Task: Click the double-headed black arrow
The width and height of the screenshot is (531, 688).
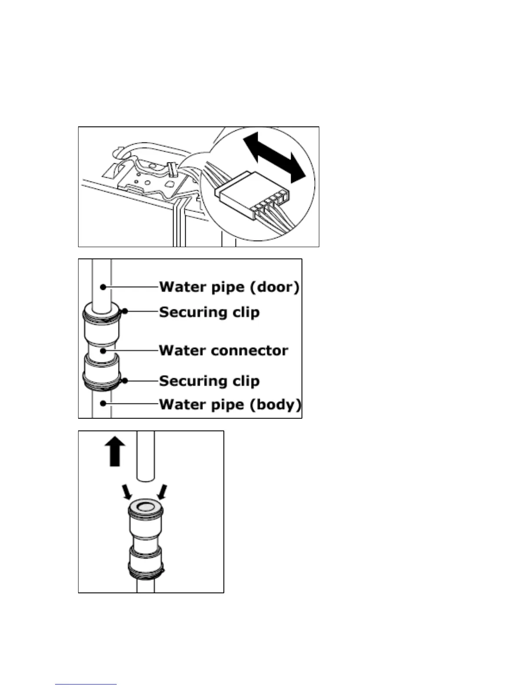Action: (274, 158)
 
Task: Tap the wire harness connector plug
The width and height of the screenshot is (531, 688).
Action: (252, 195)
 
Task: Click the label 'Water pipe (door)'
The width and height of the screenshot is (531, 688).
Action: (229, 287)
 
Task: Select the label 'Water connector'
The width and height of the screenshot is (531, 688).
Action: (223, 350)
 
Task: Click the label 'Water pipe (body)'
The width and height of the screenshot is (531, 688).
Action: (229, 404)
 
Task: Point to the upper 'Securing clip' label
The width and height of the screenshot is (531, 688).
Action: (209, 312)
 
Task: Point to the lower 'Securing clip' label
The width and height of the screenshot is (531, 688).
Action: (209, 381)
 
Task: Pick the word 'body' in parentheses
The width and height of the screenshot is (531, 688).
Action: (276, 404)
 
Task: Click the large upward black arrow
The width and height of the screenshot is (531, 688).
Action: (115, 451)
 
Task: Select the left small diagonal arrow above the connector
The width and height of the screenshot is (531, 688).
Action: (127, 492)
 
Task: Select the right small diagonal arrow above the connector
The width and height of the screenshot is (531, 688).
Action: (162, 492)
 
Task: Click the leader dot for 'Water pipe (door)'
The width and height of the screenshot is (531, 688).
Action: (103, 287)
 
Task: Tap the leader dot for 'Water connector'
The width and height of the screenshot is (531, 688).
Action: (103, 350)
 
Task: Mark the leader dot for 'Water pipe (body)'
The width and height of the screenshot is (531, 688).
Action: (103, 404)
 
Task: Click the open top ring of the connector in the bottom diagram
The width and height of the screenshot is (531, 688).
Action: (145, 506)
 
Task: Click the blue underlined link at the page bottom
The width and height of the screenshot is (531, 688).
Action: (86, 683)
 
